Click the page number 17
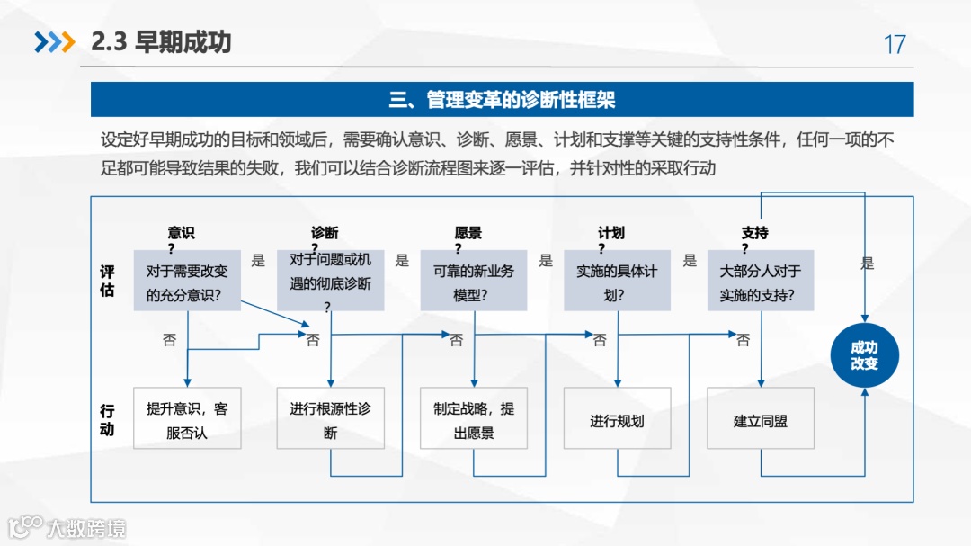[895, 44]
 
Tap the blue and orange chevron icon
[54, 42]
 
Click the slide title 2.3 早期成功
[162, 42]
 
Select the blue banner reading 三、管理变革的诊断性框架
[502, 99]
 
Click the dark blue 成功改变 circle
[864, 355]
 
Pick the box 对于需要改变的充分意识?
[187, 282]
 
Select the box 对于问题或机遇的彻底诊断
[330, 282]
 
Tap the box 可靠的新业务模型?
[474, 282]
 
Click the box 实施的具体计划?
[617, 282]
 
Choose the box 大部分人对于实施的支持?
[761, 282]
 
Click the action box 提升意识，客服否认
[187, 419]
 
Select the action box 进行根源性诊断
[330, 419]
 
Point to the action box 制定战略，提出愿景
[474, 419]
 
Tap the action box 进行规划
[617, 419]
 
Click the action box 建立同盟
[761, 419]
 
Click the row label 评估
[107, 281]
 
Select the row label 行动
[107, 419]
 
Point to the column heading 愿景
[468, 233]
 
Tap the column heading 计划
[612, 233]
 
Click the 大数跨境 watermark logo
[67, 527]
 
